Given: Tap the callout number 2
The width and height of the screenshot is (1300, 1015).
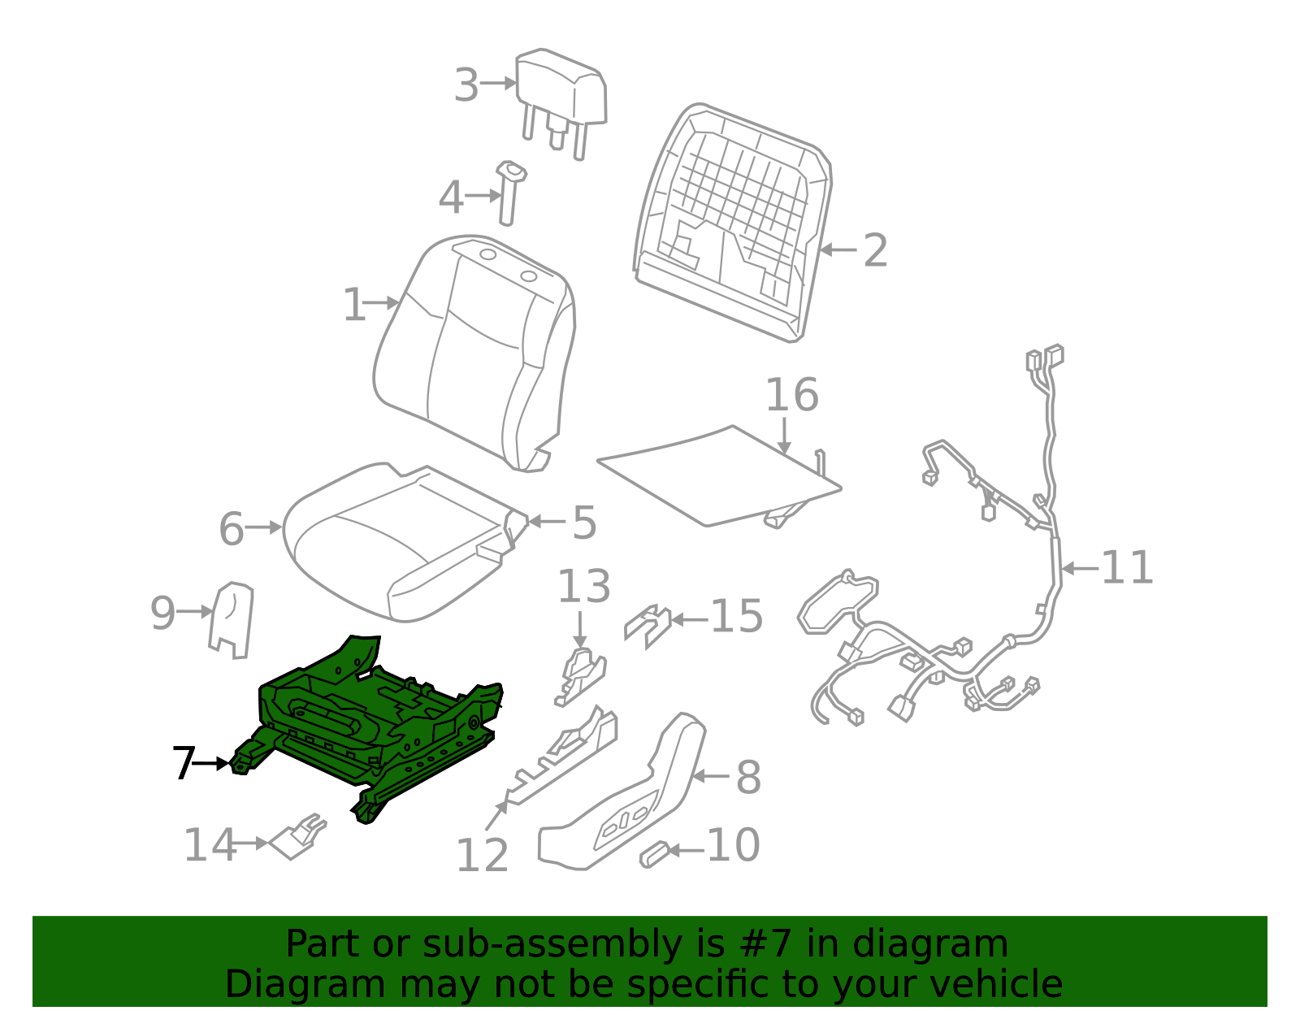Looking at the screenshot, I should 875,250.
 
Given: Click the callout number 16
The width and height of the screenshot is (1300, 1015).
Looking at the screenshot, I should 791,396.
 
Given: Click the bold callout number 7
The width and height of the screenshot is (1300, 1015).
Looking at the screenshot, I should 184,764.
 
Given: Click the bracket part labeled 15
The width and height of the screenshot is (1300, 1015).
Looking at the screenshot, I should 648,625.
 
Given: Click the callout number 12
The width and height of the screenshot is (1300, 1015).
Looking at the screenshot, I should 482,855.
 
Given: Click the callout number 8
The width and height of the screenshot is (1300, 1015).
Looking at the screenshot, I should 748,777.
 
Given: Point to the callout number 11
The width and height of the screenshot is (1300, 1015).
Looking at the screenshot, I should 1127,568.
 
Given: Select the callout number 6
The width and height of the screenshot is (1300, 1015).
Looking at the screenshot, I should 232,529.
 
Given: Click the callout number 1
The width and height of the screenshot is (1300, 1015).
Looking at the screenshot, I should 354,306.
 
